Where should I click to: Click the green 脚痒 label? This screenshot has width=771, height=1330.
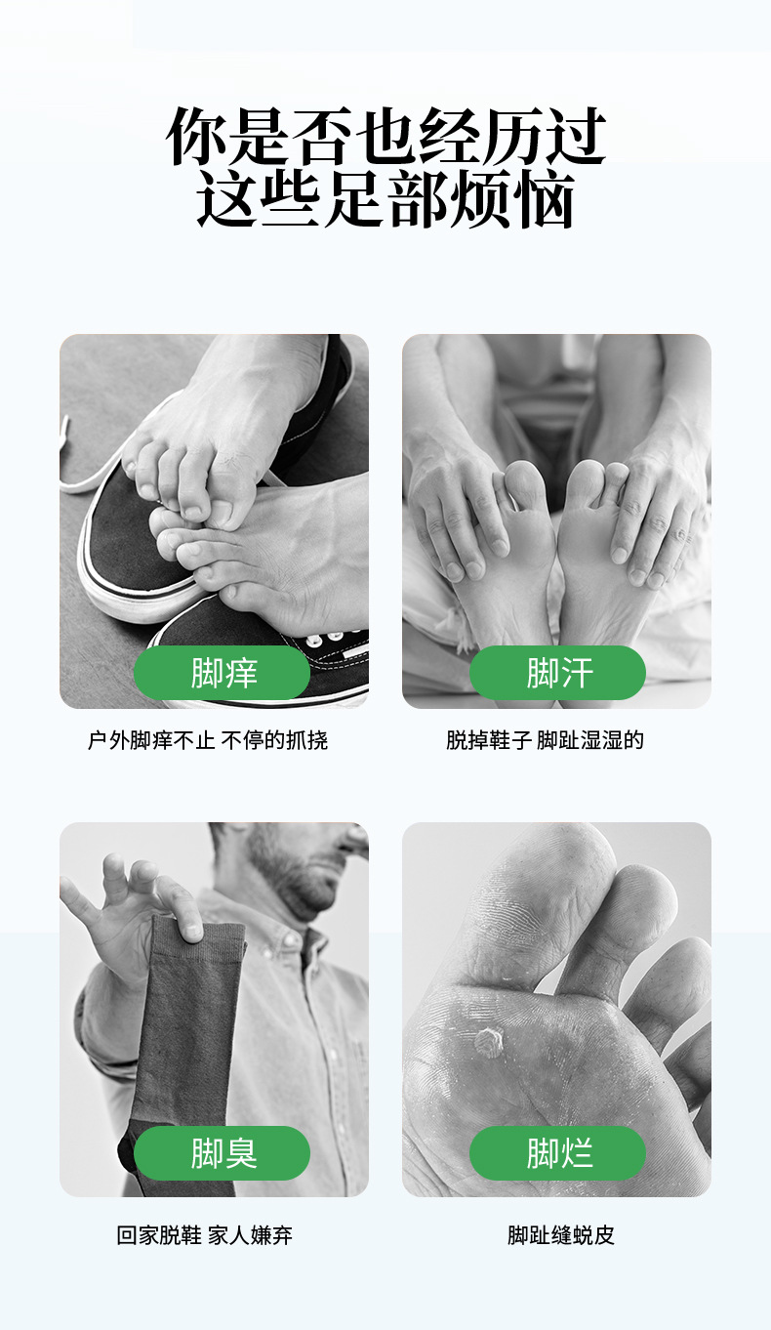(x=222, y=673)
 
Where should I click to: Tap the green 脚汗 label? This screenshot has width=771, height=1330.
(x=557, y=673)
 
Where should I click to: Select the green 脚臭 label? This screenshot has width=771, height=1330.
(x=222, y=1153)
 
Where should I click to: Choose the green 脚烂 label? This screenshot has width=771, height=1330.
(x=557, y=1153)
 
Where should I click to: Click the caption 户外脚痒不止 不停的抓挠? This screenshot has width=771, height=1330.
(x=208, y=740)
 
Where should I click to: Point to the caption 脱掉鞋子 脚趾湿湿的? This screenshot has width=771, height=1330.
(x=545, y=740)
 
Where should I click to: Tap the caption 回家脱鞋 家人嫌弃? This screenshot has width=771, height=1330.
(x=204, y=1235)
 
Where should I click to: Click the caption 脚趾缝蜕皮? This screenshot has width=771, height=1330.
(x=560, y=1235)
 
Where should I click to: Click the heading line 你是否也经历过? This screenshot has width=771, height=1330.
(x=385, y=137)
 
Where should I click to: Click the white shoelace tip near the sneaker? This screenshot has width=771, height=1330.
(x=66, y=427)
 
